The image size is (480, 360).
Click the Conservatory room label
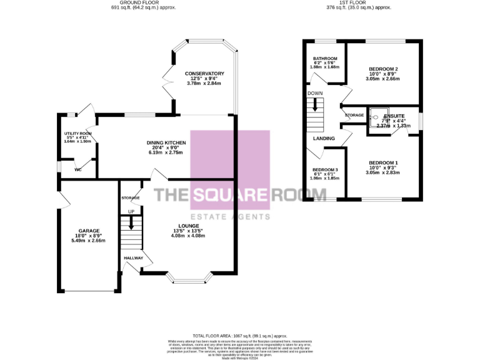[x=204, y=74]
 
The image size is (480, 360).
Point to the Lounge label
[x=188, y=226]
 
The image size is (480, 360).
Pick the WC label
[x=78, y=169]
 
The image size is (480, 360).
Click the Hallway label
[x=133, y=257]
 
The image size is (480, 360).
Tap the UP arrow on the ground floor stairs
[x=131, y=222]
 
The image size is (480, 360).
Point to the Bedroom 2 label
[x=384, y=69]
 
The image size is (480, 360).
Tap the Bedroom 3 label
[x=325, y=171]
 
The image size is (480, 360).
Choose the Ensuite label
[x=394, y=116]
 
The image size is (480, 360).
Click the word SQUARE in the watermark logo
[x=230, y=195]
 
